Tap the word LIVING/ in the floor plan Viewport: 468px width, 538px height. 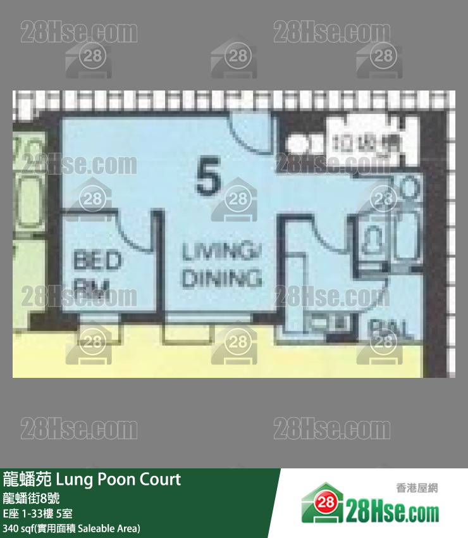tap(222, 253)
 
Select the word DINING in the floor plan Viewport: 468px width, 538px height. tap(221, 278)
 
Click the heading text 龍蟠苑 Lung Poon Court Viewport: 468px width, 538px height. tap(92, 480)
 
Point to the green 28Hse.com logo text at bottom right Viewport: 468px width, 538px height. tap(392, 510)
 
